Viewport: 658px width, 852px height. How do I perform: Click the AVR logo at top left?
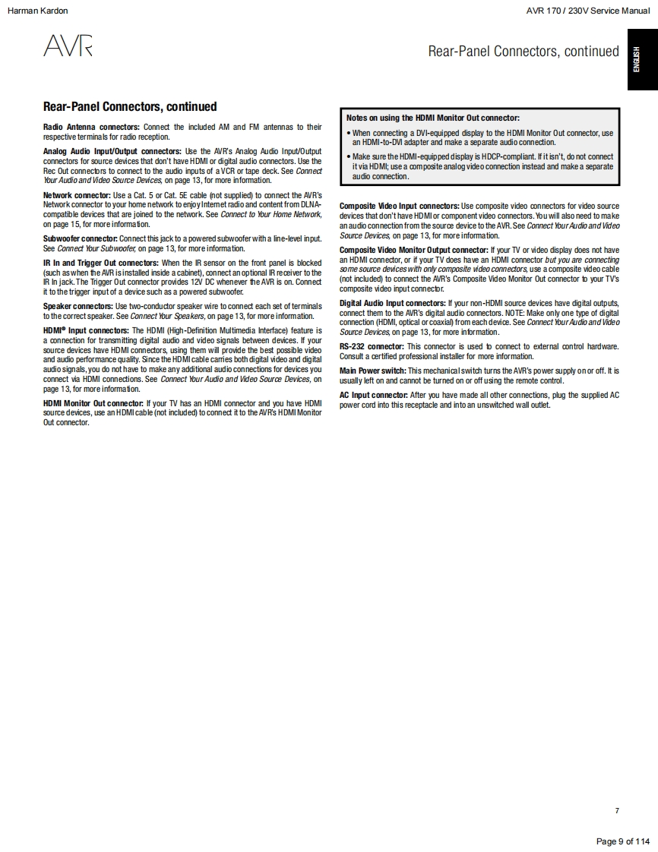point(68,47)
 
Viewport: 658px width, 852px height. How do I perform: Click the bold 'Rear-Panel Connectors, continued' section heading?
point(130,107)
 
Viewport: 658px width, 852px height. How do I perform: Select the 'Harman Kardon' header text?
point(37,11)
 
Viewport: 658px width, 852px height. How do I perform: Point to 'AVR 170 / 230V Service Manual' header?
point(587,11)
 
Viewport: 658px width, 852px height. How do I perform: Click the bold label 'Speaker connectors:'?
point(78,306)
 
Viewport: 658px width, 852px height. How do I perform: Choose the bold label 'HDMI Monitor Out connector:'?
point(93,403)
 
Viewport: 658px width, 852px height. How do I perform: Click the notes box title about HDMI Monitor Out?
point(432,118)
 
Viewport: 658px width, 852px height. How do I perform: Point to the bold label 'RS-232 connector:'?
point(372,346)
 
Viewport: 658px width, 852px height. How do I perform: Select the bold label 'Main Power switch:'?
point(372,371)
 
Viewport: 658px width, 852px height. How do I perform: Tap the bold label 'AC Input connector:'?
point(373,395)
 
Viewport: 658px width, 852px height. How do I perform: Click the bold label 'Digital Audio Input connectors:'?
point(392,303)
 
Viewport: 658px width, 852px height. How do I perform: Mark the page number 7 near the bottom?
point(617,810)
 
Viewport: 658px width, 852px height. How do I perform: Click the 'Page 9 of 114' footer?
point(623,841)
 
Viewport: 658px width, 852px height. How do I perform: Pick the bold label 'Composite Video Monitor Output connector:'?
point(413,250)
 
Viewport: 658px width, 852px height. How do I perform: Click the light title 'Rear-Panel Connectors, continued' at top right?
point(524,52)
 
